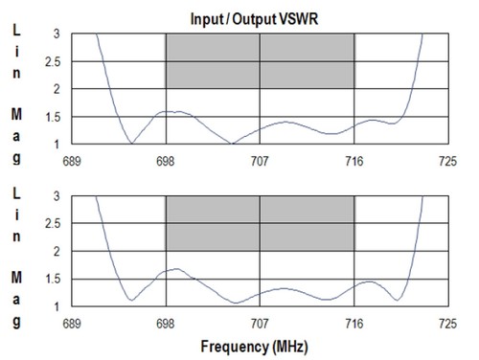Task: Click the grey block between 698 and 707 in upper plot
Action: [x=213, y=61]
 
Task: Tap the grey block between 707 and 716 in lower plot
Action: [x=307, y=223]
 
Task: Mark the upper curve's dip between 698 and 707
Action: [x=232, y=144]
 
